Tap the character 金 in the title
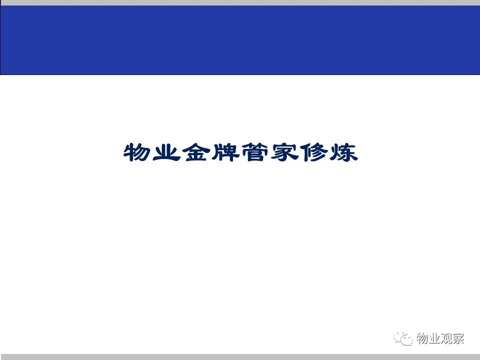(x=196, y=152)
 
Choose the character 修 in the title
(x=314, y=152)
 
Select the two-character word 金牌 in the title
(x=210, y=152)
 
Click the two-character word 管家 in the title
(x=270, y=152)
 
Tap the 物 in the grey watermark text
(x=422, y=338)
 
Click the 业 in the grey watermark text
(x=434, y=338)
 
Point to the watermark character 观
(x=446, y=338)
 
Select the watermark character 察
(x=458, y=338)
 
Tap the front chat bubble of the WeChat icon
(x=407, y=340)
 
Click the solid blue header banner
(x=240, y=40)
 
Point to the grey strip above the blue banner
(x=240, y=2)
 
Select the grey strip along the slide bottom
(x=240, y=357)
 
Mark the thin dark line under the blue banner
(x=240, y=74)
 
